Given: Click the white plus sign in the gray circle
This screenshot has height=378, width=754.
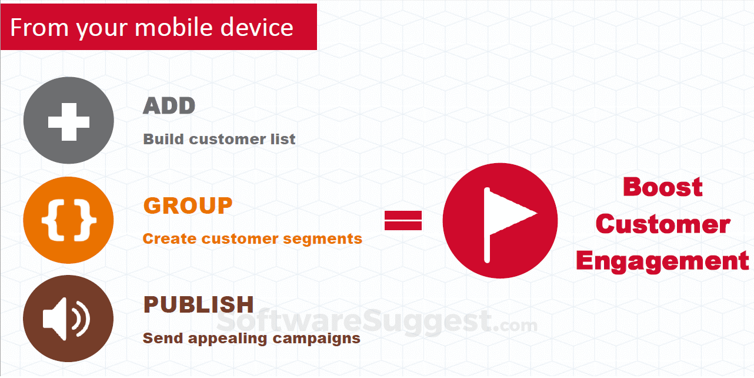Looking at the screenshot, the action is [69, 122].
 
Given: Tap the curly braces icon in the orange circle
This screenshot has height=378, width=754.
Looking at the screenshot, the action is [69, 220].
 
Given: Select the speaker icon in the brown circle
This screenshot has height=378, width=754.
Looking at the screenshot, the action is [66, 319].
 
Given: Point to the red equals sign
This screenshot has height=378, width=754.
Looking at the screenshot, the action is [403, 220].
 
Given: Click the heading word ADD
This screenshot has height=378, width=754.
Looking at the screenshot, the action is [169, 106].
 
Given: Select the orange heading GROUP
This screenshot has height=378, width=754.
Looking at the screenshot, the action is [188, 205].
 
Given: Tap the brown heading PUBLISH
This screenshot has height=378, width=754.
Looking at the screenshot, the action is [199, 304].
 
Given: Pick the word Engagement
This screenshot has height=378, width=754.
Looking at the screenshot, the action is [662, 261].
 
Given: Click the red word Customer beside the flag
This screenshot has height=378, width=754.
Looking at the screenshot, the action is [662, 224].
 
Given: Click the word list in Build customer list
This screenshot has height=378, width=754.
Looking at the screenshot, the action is [283, 139].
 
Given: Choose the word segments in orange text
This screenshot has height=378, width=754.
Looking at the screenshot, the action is [322, 240].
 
